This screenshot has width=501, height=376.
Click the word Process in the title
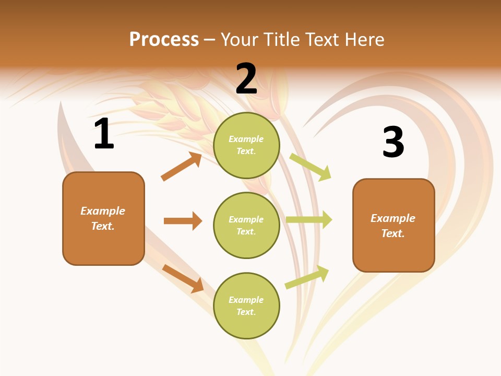[164, 40]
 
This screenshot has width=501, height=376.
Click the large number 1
[104, 134]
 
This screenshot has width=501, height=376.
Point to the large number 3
[393, 142]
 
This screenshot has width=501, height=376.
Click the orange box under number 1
[103, 218]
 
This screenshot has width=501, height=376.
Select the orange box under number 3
[393, 226]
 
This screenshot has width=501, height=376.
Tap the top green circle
[246, 145]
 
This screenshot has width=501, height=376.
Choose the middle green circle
[246, 226]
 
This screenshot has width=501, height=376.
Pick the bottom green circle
[246, 306]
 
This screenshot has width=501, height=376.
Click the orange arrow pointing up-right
[181, 167]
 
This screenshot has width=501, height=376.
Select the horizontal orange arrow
[183, 221]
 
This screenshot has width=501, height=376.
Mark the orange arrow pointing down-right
[183, 278]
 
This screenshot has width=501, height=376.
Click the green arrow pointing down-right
[310, 167]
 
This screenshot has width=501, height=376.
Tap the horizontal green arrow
[309, 220]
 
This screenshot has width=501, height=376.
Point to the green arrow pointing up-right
[307, 277]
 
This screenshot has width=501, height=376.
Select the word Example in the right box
[393, 218]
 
